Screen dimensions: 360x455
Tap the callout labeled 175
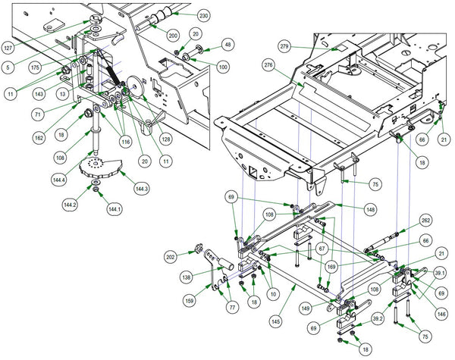[x=35, y=67]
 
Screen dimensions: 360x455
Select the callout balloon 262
[x=425, y=221]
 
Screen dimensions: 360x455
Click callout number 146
[x=441, y=313]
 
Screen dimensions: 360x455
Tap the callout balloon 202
[x=171, y=256]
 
